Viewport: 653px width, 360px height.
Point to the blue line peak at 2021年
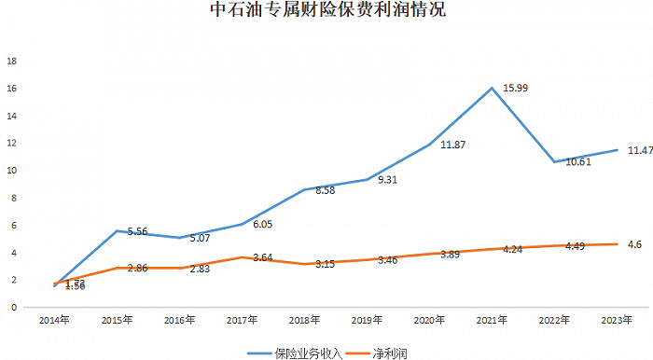pyautogui.click(x=492, y=88)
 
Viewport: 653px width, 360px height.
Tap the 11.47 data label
pyautogui.click(x=639, y=149)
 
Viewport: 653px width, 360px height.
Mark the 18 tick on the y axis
pyautogui.click(x=12, y=62)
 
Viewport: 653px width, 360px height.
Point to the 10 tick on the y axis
pyautogui.click(x=12, y=171)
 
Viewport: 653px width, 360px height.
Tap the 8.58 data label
pyautogui.click(x=325, y=189)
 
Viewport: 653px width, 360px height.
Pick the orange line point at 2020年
pyautogui.click(x=429, y=254)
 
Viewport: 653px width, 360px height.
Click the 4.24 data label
pyautogui.click(x=513, y=250)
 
